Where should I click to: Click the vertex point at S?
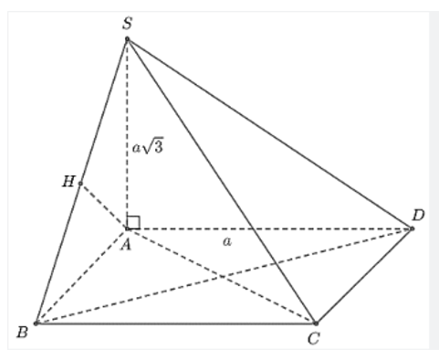(x=127, y=38)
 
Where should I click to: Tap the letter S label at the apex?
(x=127, y=22)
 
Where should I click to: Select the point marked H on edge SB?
(x=80, y=184)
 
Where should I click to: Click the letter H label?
(x=68, y=181)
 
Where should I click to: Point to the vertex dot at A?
(x=127, y=228)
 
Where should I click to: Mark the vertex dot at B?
(x=36, y=323)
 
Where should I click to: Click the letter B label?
(x=21, y=333)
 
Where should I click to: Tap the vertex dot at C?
(x=315, y=323)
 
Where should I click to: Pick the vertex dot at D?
(x=412, y=228)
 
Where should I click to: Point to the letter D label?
(x=418, y=215)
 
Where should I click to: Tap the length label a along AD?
(x=225, y=241)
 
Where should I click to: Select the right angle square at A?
(x=133, y=221)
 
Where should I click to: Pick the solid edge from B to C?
(x=173, y=323)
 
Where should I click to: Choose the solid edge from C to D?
(x=363, y=276)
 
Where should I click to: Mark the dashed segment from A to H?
(x=103, y=206)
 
